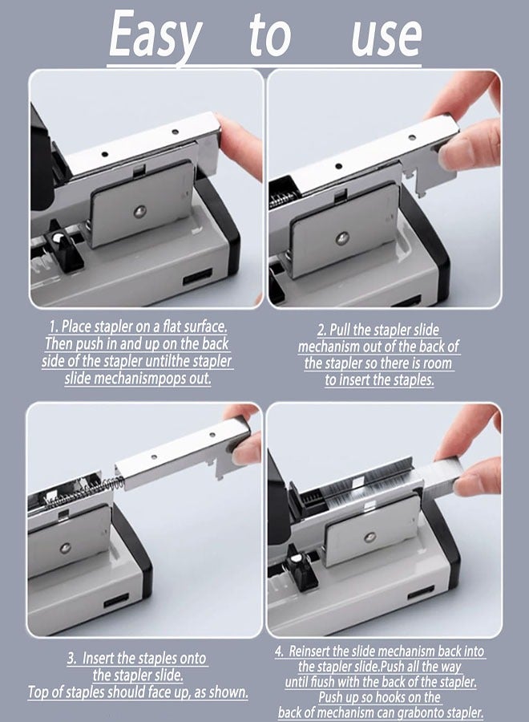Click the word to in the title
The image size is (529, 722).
click(x=269, y=35)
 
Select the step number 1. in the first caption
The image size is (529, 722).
click(x=55, y=327)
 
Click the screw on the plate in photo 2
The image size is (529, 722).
click(x=341, y=239)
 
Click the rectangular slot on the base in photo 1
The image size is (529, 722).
click(x=198, y=277)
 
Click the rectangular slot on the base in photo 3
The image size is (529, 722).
click(x=116, y=600)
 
